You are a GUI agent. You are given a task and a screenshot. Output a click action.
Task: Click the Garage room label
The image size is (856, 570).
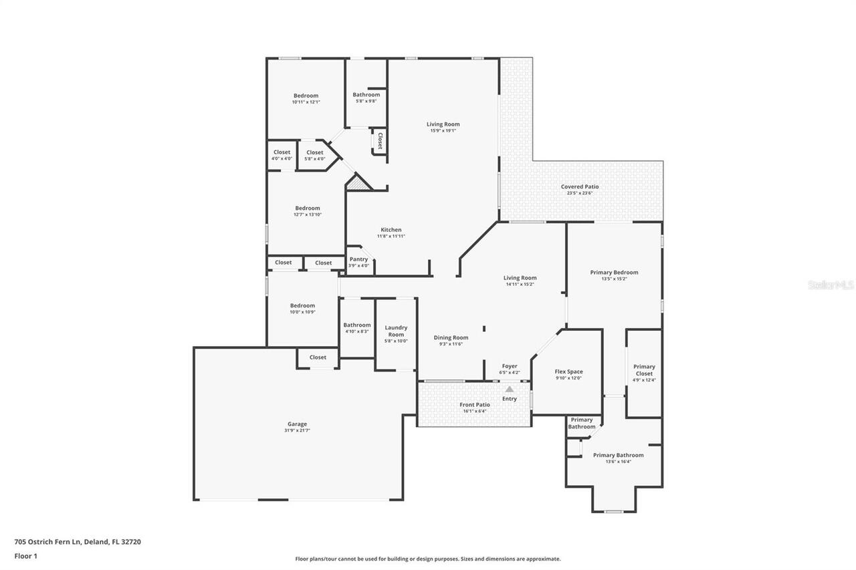[x=297, y=424]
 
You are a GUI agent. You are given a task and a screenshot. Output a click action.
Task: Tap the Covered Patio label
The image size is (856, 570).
[x=579, y=187]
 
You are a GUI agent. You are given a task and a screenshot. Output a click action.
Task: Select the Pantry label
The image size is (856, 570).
[x=358, y=259]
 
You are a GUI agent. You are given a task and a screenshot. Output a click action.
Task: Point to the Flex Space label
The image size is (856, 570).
[x=568, y=372]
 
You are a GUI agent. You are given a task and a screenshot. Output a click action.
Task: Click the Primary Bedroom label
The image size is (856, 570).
[x=614, y=272]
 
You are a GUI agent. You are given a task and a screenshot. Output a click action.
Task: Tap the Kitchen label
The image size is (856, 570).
[x=391, y=230]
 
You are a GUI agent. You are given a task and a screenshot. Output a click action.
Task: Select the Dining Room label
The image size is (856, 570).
[x=451, y=337]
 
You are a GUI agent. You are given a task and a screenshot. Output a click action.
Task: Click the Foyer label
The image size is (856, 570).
[x=510, y=366]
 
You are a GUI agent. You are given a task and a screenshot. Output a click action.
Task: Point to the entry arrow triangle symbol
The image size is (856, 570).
[x=510, y=388]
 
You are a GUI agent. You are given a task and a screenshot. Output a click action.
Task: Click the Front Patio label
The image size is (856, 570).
[x=474, y=405]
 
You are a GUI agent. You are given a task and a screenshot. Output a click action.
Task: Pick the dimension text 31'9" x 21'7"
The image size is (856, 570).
[x=297, y=431]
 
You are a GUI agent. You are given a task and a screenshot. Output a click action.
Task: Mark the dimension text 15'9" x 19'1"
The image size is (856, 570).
[x=443, y=131]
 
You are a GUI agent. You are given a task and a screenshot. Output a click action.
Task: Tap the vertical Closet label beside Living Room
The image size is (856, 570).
[x=380, y=141]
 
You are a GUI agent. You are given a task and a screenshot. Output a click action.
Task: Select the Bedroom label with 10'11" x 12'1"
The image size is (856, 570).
[x=306, y=96]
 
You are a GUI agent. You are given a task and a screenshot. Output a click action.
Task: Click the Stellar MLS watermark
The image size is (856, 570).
[x=831, y=285]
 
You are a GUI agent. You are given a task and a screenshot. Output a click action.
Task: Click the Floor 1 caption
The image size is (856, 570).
[x=25, y=555]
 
